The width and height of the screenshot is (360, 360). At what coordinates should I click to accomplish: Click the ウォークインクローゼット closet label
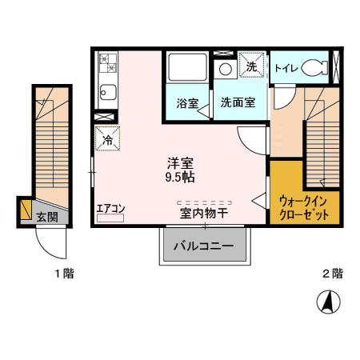coord(305,208)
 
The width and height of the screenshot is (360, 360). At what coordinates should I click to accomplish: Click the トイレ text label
coord(286,69)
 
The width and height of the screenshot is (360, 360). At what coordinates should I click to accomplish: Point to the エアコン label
coord(110,210)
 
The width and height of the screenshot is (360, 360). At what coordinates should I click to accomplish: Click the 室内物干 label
coord(204,213)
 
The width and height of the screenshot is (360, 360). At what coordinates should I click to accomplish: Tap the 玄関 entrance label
coord(46,216)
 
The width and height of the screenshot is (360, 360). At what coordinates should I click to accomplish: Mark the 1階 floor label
coord(64,274)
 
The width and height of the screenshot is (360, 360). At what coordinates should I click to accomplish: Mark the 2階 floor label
coord(333,274)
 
